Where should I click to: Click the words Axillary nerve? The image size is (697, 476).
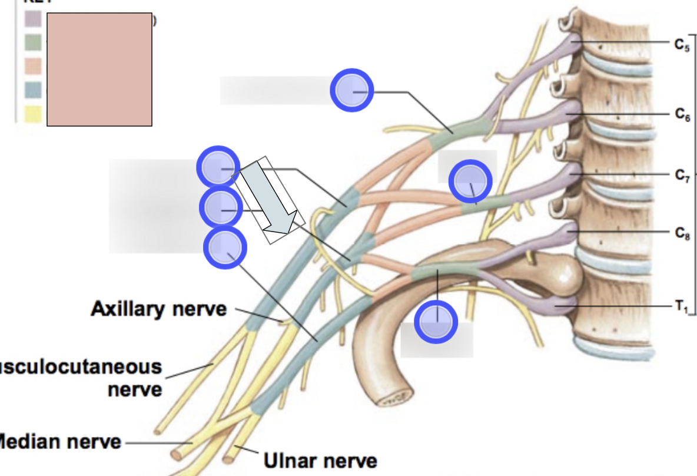tap(158, 309)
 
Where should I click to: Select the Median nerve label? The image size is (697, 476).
tap(59, 441)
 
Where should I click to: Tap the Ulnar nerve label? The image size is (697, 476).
tap(320, 460)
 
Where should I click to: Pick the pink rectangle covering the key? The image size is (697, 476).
tap(99, 70)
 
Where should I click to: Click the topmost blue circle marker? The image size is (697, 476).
tap(351, 90)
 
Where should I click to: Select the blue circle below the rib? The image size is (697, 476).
tap(436, 322)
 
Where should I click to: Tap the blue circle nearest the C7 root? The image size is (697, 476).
tap(470, 181)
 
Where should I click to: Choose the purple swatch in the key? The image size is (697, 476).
tap(33, 19)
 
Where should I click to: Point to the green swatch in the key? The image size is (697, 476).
tap(33, 42)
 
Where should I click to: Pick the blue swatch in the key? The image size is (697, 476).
tap(33, 90)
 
